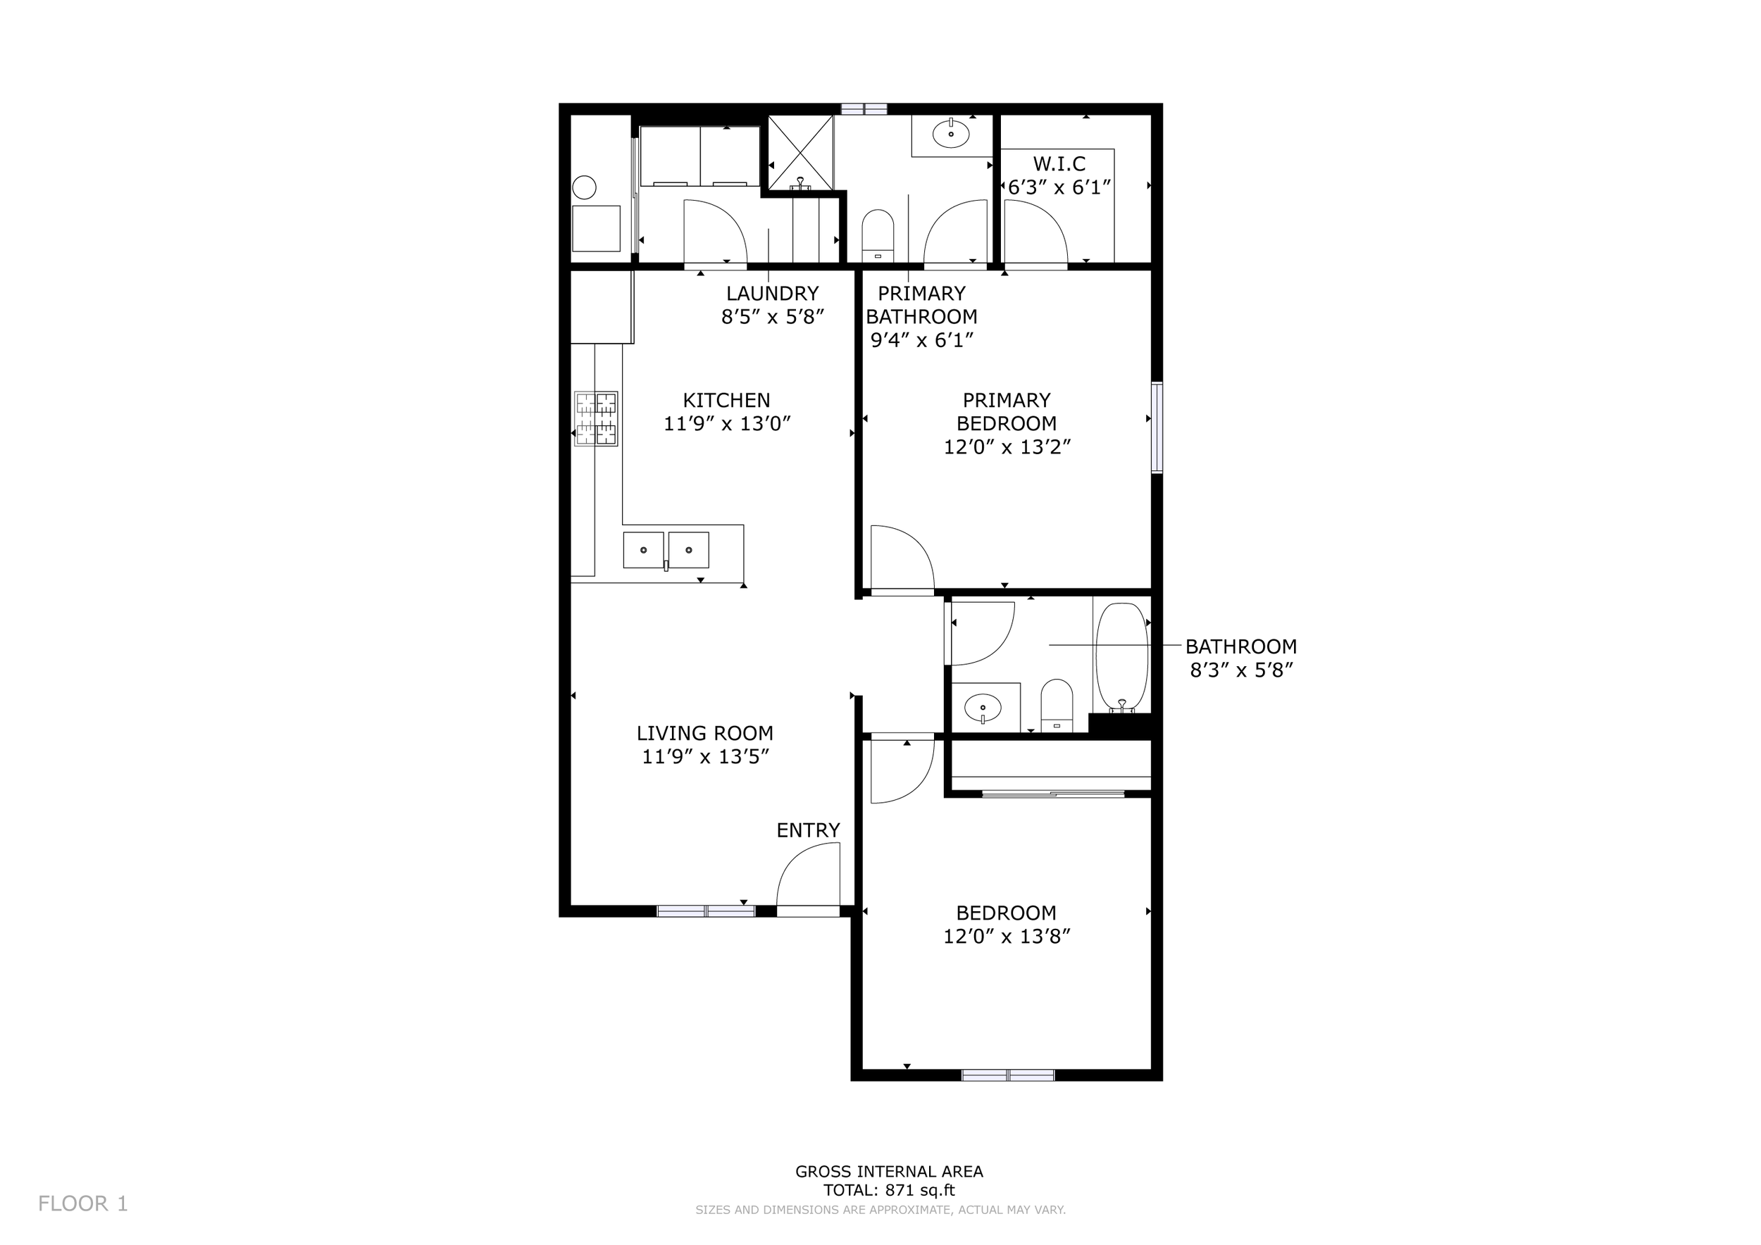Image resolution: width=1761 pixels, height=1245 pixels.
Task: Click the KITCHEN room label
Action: tap(726, 400)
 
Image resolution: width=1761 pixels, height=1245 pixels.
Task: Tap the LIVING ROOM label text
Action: tap(704, 733)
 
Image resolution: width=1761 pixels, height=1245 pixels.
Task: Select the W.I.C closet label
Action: tap(1059, 163)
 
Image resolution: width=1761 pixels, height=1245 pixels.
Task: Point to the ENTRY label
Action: tap(808, 830)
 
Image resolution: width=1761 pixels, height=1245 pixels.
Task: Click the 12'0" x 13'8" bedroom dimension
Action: tap(1007, 936)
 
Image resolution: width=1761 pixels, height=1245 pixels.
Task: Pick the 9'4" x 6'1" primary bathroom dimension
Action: tap(921, 339)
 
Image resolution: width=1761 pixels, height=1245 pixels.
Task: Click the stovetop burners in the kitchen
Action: tap(596, 418)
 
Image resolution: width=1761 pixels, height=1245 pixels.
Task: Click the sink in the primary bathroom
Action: tap(950, 135)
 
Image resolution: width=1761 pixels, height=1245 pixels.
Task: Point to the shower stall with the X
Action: tap(800, 153)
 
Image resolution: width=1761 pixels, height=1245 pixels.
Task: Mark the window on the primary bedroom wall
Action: tap(1157, 427)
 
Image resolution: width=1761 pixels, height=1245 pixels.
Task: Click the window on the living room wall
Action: tap(706, 911)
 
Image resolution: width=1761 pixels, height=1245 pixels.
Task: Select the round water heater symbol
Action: tap(585, 187)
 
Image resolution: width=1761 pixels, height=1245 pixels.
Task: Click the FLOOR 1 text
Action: tap(83, 1203)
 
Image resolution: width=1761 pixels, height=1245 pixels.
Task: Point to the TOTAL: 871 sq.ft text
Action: tap(889, 1191)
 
